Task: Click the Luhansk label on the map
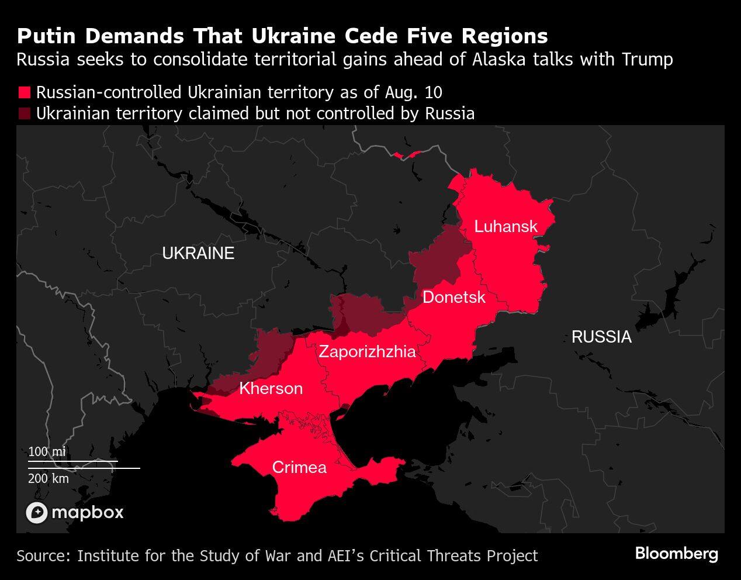point(505,226)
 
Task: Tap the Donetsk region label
point(453,297)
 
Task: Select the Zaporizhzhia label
point(367,351)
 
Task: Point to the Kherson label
point(271,388)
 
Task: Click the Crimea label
point(299,467)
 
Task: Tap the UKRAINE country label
point(198,253)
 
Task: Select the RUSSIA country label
point(601,337)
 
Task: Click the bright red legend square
point(24,93)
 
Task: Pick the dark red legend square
point(24,113)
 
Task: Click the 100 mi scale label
point(47,452)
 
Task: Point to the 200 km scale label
point(49,478)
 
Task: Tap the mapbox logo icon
point(36,513)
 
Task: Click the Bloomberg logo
point(676,553)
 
